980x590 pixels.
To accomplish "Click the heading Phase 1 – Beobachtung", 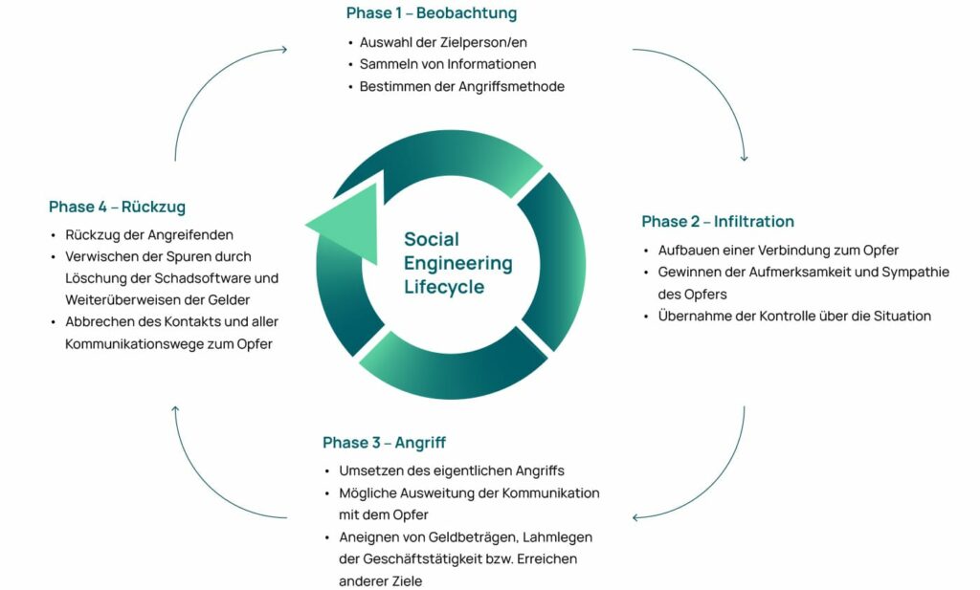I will tap(431, 13).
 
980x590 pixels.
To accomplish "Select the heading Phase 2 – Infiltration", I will tap(718, 222).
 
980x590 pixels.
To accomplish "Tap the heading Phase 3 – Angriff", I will tap(384, 443).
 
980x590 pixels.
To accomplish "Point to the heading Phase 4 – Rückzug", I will tap(117, 207).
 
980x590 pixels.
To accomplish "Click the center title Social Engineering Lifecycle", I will tap(457, 263).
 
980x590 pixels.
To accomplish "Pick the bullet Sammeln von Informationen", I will tap(447, 64).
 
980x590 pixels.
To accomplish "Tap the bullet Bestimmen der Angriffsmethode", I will tap(461, 86).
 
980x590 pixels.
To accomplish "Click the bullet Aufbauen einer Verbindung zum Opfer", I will tap(778, 251).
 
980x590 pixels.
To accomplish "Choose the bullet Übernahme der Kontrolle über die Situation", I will tap(794, 316).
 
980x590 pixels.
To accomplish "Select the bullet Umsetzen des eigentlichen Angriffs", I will tap(452, 470).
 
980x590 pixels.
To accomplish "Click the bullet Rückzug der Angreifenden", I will tap(149, 234).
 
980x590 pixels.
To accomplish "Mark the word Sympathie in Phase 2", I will tap(909, 273).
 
